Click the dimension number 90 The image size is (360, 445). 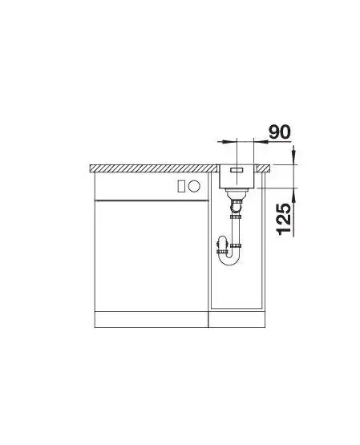[280, 132]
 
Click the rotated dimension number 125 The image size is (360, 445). [284, 219]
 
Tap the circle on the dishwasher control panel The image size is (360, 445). [194, 186]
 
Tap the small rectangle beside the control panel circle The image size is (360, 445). [181, 186]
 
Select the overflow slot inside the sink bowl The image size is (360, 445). [237, 170]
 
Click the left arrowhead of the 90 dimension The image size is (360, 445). [229, 141]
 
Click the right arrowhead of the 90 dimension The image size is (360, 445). [260, 141]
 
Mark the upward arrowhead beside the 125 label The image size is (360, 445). [294, 195]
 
